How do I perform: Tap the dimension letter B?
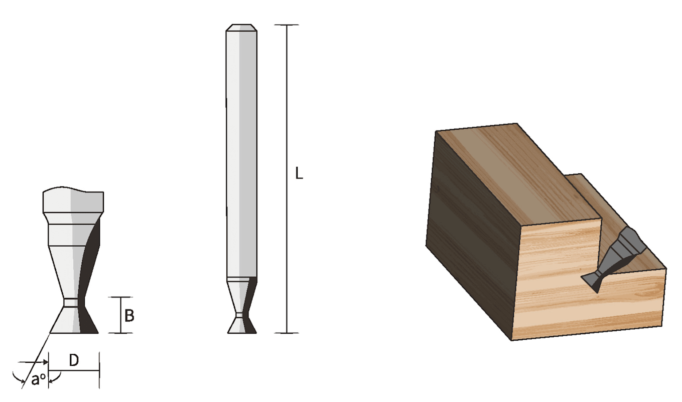point(129,316)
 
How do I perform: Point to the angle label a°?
point(38,379)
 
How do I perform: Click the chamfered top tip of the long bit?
point(241,28)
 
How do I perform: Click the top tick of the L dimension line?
point(287,25)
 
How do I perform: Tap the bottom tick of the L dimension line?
point(287,333)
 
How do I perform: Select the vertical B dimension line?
point(120,315)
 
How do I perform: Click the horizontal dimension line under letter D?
point(74,371)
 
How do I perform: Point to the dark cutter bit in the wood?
point(613,259)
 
